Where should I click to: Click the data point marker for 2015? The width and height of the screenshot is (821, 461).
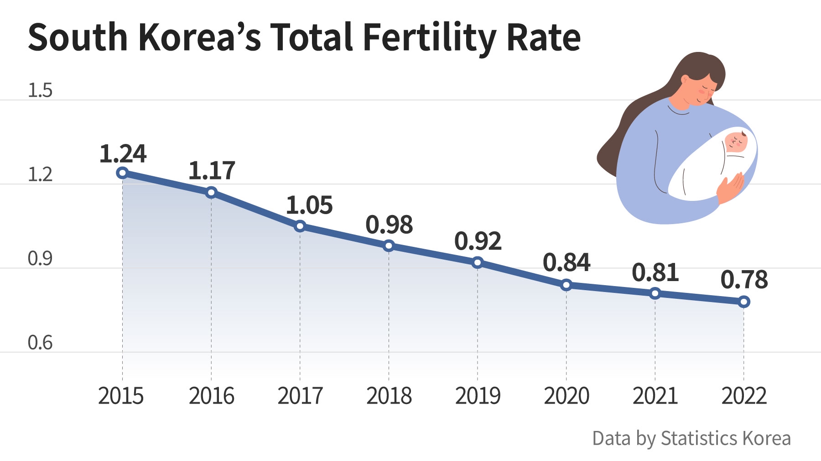(x=122, y=173)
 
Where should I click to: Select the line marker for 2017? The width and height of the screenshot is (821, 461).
(x=300, y=226)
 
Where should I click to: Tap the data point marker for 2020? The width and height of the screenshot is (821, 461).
(x=566, y=285)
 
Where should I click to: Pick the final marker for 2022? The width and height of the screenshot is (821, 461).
(x=744, y=302)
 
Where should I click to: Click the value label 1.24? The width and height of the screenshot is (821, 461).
(x=123, y=154)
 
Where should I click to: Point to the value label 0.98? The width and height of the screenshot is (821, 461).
(x=389, y=225)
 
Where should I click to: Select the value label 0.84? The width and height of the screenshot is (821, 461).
(x=566, y=262)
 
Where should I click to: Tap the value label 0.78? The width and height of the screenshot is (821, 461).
(x=744, y=280)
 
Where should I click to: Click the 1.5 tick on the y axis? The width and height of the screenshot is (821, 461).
(x=40, y=91)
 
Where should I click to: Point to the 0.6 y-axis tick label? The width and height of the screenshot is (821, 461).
(x=40, y=343)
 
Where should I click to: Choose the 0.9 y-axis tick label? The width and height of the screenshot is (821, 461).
(x=40, y=259)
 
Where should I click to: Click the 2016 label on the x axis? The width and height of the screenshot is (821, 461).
(x=211, y=396)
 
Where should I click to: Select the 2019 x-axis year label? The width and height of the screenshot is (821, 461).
(x=478, y=396)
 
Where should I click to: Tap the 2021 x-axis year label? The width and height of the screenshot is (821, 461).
(x=655, y=396)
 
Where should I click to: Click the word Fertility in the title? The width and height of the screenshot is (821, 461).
(x=429, y=37)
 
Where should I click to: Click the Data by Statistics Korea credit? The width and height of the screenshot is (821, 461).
(x=691, y=438)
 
